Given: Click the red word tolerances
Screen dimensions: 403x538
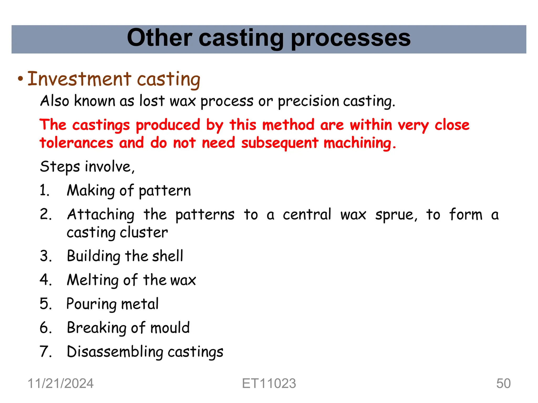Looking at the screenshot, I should pyautogui.click(x=76, y=143).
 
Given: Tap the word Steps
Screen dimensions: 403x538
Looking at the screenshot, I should pyautogui.click(x=60, y=167).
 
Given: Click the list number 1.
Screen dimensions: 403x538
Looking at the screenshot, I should pyautogui.click(x=44, y=190).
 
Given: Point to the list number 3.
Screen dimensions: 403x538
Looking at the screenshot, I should pyautogui.click(x=45, y=256).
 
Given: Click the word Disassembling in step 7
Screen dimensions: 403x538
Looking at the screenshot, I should pyautogui.click(x=115, y=352).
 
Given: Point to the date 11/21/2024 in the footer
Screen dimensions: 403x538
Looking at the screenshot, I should pyautogui.click(x=60, y=383).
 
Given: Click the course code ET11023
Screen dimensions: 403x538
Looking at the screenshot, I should pyautogui.click(x=269, y=383).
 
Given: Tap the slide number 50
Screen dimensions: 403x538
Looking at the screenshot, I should pyautogui.click(x=503, y=383).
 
